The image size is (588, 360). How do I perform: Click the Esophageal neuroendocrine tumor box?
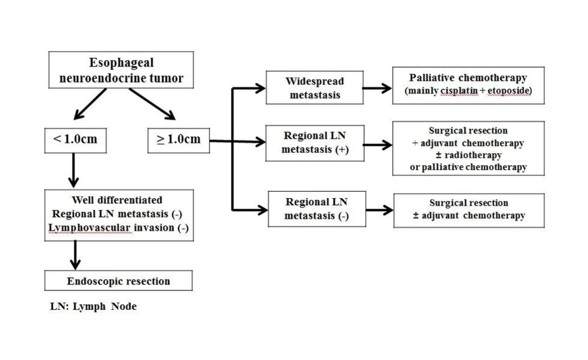tap(121, 70)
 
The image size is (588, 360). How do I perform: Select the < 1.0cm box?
tap(75, 140)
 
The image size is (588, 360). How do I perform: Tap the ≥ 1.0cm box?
tap(178, 140)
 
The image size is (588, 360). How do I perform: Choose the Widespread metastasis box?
tap(314, 88)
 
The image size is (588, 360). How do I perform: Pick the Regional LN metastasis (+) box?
tap(315, 143)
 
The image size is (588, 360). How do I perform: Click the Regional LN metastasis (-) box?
tap(317, 209)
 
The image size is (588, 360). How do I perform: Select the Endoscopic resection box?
tap(118, 281)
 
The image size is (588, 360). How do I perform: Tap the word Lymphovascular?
tap(92, 228)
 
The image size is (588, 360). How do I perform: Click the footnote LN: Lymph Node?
tap(93, 306)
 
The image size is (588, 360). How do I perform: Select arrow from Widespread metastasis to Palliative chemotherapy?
tap(377, 89)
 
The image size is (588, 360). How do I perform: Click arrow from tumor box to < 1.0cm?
tap(90, 104)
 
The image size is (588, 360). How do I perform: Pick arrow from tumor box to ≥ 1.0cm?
tap(152, 104)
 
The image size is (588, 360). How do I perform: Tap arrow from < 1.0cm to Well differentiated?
tap(73, 170)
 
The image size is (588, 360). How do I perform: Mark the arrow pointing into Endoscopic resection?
tap(75, 255)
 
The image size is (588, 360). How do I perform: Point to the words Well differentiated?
tap(117, 200)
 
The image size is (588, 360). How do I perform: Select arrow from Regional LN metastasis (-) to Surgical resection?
tap(379, 210)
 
